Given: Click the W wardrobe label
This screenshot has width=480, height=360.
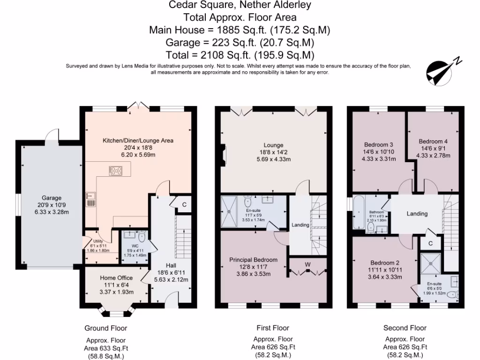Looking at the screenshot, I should click(x=307, y=264).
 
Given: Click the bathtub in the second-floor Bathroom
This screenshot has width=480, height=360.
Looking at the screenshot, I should click(x=359, y=213).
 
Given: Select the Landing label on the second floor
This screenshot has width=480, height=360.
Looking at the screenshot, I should click(x=417, y=214).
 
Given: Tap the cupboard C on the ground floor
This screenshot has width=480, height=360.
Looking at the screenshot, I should click(x=184, y=204).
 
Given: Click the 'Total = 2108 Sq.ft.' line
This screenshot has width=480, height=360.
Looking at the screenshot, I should click(x=240, y=54).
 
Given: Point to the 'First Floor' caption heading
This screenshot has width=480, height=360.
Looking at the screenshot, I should click(x=273, y=328).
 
